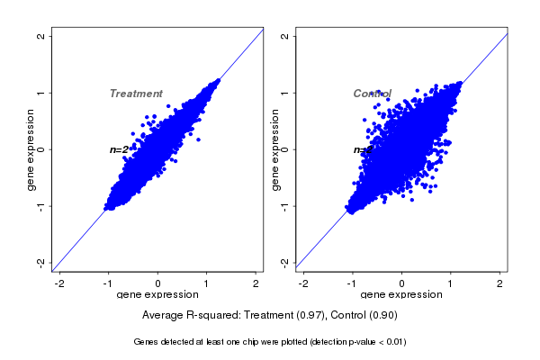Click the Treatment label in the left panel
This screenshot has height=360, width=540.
tap(136, 94)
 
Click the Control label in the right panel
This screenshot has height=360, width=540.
tap(372, 94)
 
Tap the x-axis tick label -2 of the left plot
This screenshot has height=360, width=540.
tap(59, 284)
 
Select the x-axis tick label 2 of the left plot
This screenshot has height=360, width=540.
tap(256, 284)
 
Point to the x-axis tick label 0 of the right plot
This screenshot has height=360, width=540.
tap(402, 284)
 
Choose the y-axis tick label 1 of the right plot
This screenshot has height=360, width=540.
tap(284, 93)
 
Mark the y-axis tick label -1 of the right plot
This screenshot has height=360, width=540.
tap(284, 206)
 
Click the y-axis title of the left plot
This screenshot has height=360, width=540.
tap(31, 149)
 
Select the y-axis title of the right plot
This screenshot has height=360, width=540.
tap(274, 149)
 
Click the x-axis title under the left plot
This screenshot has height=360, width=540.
tap(157, 295)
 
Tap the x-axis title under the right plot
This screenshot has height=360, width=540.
tap(401, 295)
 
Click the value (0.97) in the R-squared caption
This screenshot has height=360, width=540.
tap(310, 315)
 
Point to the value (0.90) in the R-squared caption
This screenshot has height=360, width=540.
tap(382, 315)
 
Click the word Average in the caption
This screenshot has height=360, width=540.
tap(163, 315)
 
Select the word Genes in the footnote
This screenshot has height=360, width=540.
tap(147, 342)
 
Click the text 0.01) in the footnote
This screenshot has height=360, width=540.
tap(392, 342)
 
